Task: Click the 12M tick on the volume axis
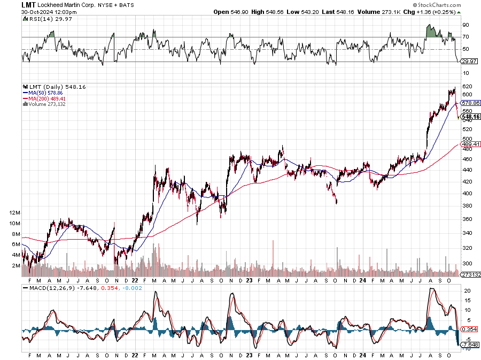15,212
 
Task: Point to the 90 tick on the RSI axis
466,25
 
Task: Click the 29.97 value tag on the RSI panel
467,62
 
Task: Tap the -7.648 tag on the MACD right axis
467,344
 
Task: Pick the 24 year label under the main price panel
363,280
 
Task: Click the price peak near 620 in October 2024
454,88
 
